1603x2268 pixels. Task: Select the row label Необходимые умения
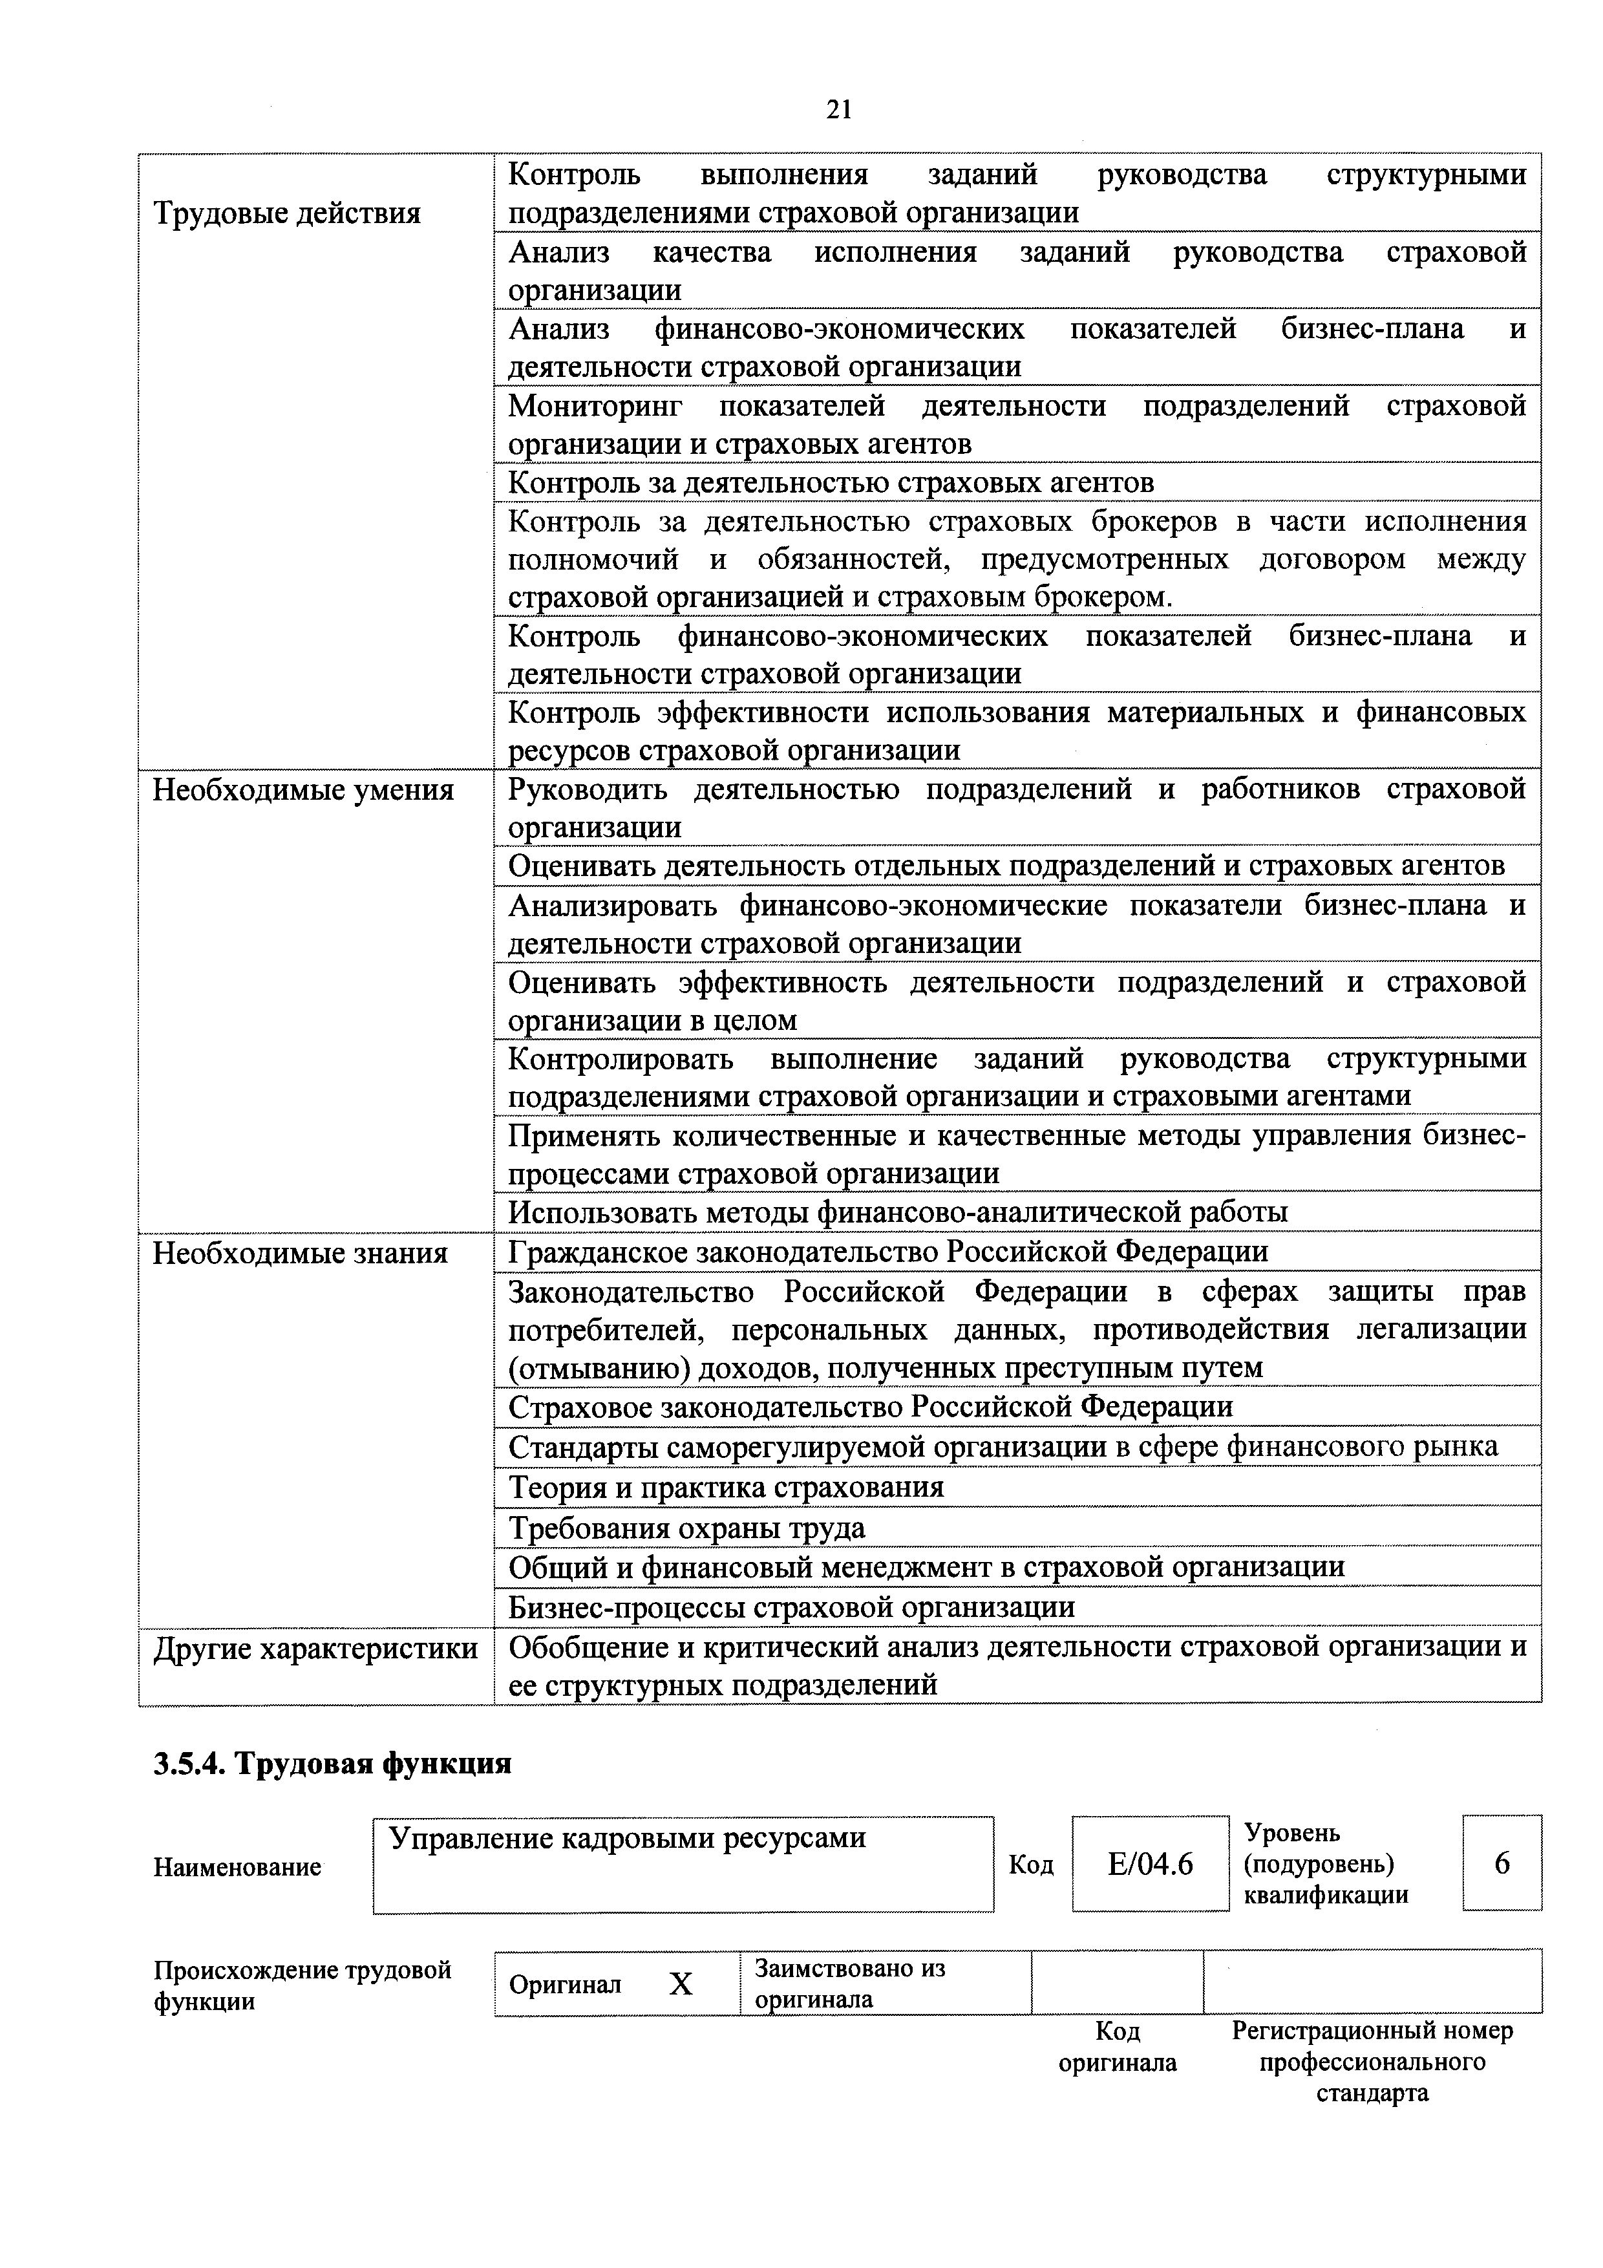(x=303, y=790)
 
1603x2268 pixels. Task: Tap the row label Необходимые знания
(x=301, y=1254)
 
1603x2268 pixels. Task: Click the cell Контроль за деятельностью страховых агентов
(x=831, y=482)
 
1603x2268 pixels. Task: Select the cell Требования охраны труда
(x=686, y=1528)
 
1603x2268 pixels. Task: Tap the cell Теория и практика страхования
(x=726, y=1488)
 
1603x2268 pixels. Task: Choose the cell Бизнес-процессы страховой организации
(x=791, y=1608)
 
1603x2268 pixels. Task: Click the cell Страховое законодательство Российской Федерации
(x=870, y=1407)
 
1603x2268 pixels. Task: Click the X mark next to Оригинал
(x=681, y=1985)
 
